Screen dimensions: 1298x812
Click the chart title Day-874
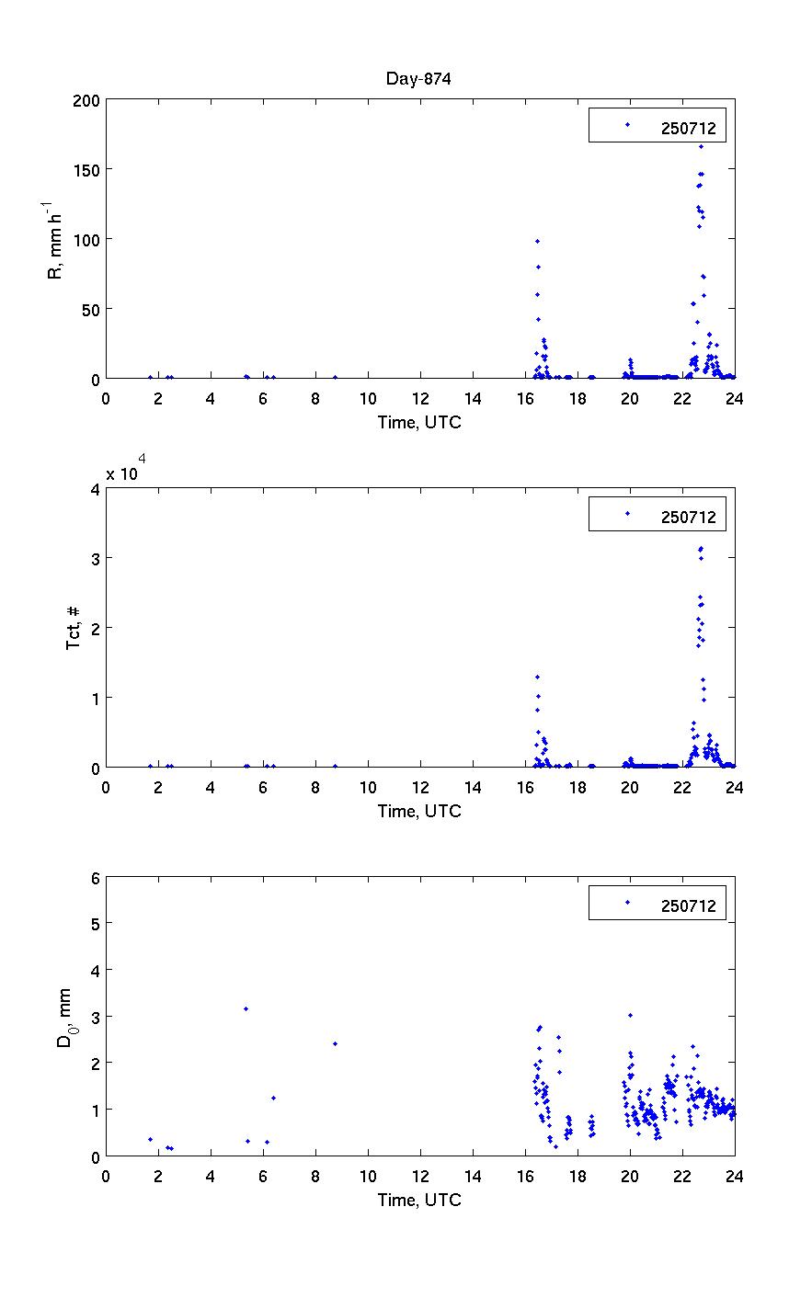click(x=418, y=79)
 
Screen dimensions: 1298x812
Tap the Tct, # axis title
click(x=73, y=627)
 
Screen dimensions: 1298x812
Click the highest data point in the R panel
click(x=701, y=146)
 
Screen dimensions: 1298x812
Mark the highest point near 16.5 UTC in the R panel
click(x=537, y=241)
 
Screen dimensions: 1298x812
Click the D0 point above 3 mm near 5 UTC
click(x=246, y=1008)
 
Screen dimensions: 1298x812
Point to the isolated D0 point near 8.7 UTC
click(x=335, y=1043)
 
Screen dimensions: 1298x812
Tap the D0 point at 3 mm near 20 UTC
click(x=630, y=1015)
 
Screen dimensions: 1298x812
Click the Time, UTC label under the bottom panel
click(x=419, y=1200)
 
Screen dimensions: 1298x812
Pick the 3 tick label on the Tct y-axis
click(x=95, y=558)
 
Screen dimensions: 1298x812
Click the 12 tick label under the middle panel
click(x=420, y=788)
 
